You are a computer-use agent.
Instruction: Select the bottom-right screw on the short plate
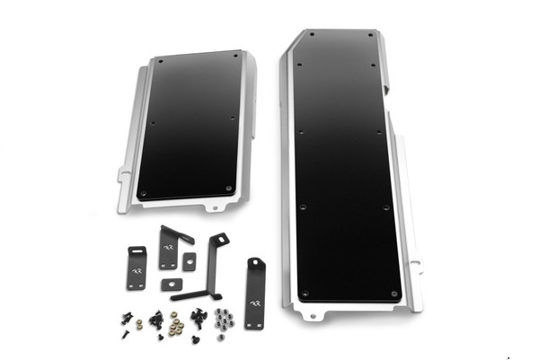(229, 188)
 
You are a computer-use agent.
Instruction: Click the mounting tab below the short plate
(212, 206)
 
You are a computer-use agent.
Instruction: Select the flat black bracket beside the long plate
(256, 292)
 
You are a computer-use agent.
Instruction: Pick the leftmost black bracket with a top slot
(137, 267)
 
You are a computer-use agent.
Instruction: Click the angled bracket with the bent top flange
(172, 247)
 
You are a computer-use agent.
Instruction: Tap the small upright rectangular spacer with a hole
(190, 259)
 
